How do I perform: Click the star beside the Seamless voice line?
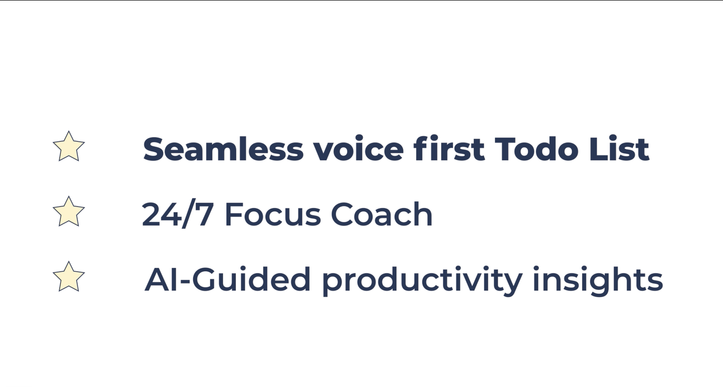69,146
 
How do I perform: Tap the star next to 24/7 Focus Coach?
69,211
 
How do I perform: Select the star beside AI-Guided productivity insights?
69,277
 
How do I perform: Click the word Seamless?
223,149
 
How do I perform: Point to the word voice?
359,149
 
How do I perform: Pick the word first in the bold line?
449,149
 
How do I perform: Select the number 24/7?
178,214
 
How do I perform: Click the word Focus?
273,214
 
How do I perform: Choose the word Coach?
381,214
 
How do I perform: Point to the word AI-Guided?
228,279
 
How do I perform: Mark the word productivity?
422,280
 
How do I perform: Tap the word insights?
597,280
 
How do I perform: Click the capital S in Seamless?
155,149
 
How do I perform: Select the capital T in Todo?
506,149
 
